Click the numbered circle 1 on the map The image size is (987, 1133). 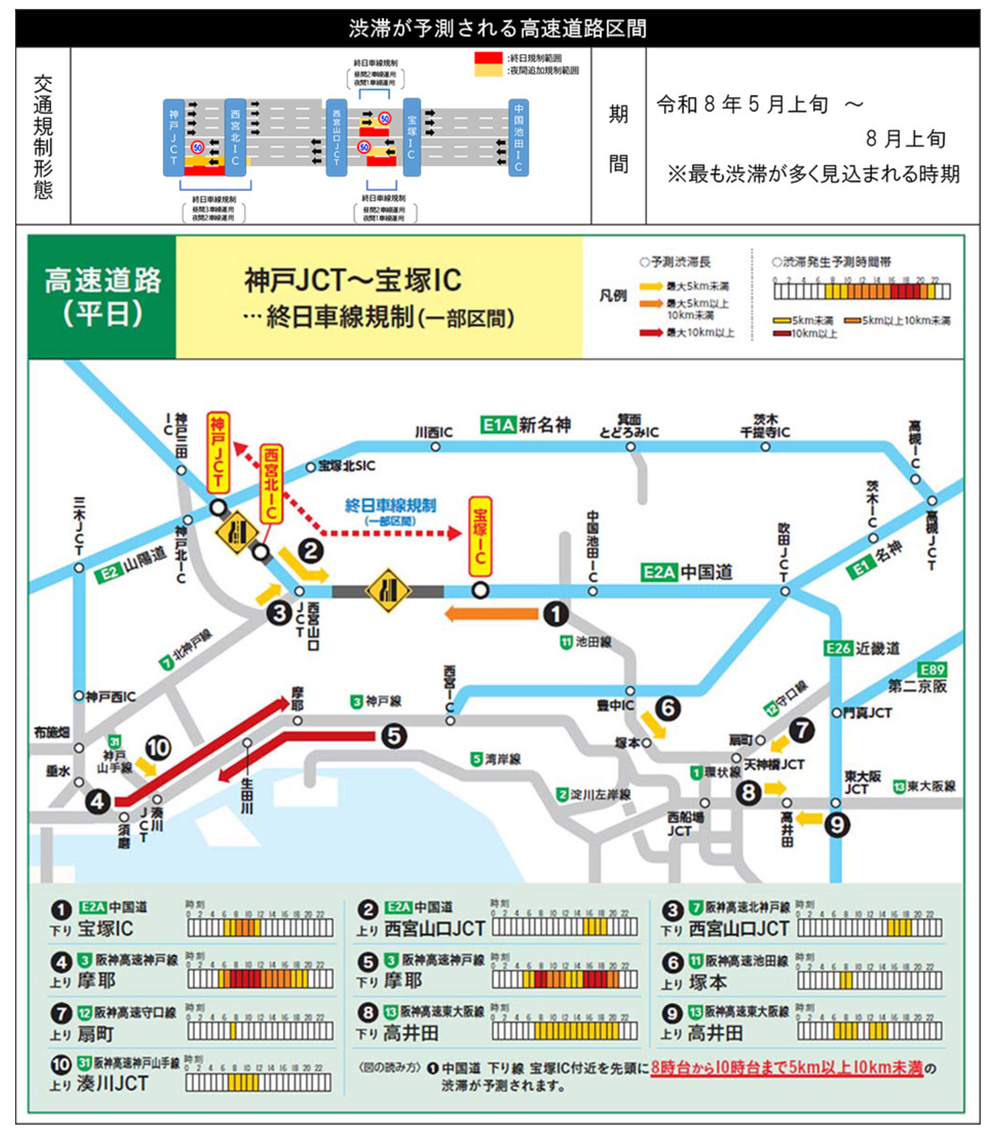click(x=555, y=614)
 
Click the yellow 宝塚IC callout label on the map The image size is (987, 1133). click(x=480, y=536)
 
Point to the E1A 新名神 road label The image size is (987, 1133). click(x=526, y=425)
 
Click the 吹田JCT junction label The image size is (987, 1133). click(x=784, y=552)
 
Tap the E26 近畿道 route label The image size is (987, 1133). click(x=862, y=648)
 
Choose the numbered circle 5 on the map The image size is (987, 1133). click(x=394, y=736)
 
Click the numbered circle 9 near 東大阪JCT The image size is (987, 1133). click(x=836, y=824)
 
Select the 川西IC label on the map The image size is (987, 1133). click(x=434, y=432)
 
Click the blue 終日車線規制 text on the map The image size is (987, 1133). click(x=390, y=506)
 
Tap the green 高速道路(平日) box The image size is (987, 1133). click(x=102, y=297)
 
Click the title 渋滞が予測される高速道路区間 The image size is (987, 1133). click(x=497, y=28)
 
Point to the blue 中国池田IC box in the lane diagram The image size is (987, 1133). click(x=519, y=137)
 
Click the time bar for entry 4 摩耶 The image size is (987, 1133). click(x=260, y=979)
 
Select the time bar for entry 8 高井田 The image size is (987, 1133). click(x=564, y=1030)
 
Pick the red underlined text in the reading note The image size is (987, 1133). click(x=786, y=1068)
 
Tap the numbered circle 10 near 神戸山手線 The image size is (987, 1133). click(x=158, y=747)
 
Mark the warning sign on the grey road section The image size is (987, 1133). click(x=388, y=590)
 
